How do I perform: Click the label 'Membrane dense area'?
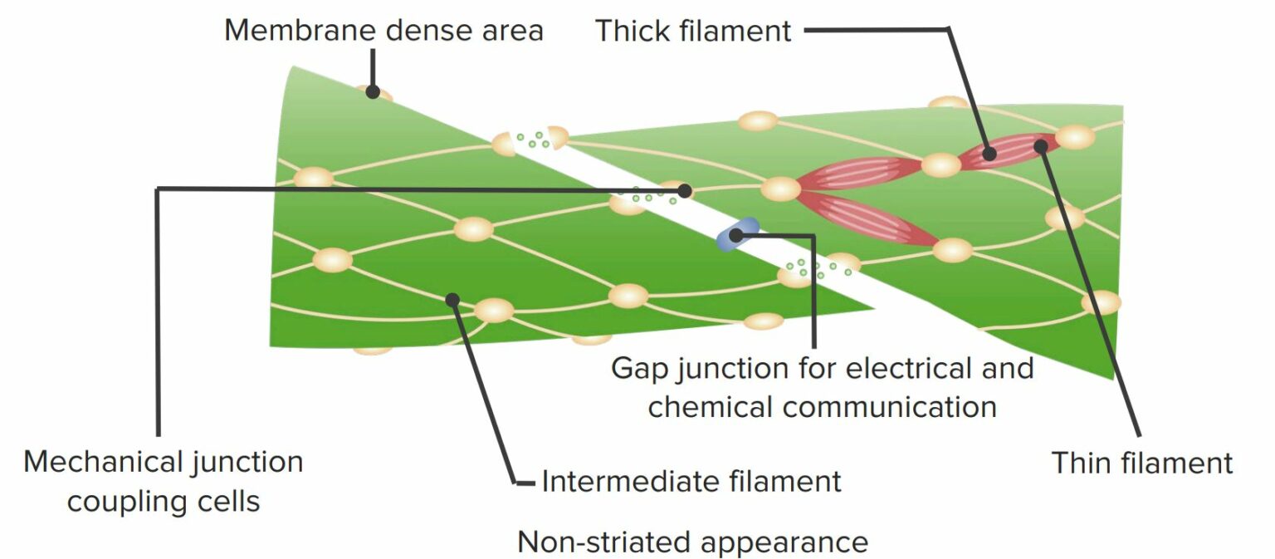(383, 31)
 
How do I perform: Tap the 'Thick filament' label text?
(693, 32)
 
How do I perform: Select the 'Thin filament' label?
(1142, 463)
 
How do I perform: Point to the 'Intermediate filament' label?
(691, 481)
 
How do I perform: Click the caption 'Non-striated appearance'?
(692, 542)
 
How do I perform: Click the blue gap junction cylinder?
(737, 233)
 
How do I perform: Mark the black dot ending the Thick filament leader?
(989, 153)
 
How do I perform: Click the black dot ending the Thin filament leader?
(1040, 146)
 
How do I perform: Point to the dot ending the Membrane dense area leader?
(373, 91)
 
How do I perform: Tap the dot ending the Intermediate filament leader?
(452, 298)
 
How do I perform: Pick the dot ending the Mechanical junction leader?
(684, 191)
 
